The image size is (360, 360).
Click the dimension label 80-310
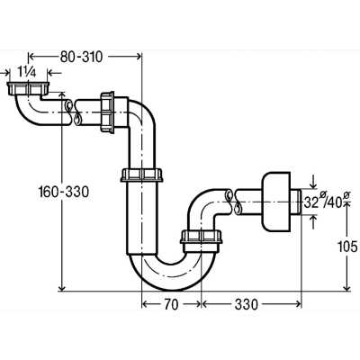[81, 57]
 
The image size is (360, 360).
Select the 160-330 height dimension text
[64, 192]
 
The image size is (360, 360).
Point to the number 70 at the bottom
[171, 304]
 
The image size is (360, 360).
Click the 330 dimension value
[246, 304]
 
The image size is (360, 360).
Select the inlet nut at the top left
[28, 88]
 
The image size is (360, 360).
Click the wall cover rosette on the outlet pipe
[276, 202]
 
